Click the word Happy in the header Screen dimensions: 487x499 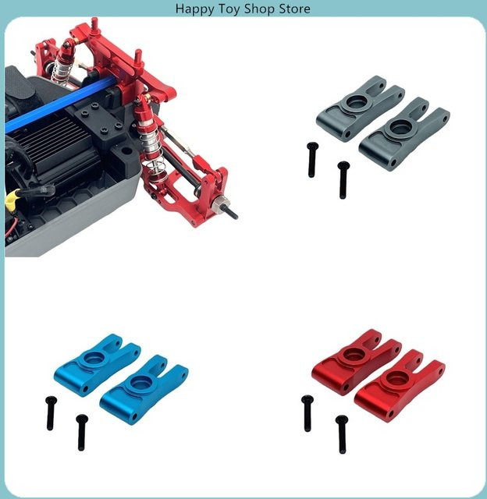(194, 9)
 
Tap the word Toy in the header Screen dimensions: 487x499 (229, 9)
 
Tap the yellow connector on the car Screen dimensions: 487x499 (10, 196)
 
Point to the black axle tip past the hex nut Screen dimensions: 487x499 (233, 212)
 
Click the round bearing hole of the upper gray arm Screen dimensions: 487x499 (357, 102)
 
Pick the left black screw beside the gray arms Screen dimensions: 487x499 (312, 160)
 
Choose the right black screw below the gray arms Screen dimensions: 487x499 (343, 180)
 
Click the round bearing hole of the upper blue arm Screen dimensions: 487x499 (94, 359)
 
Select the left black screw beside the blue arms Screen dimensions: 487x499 (51, 413)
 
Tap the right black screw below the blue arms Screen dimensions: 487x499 (82, 432)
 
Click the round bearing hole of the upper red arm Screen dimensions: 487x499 (354, 353)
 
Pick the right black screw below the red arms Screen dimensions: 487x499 (342, 434)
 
